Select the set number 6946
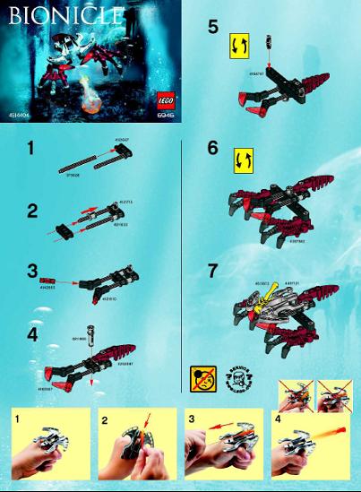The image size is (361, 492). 165,115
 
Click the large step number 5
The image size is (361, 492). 212,28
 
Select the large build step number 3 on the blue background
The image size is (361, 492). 31,270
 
